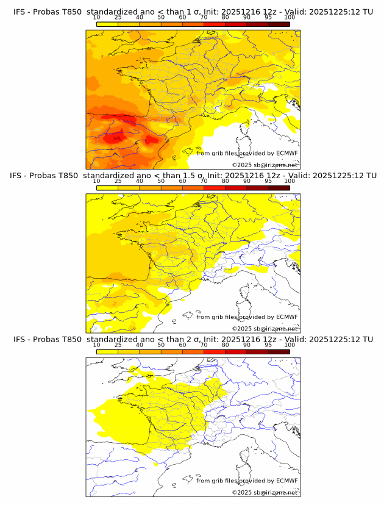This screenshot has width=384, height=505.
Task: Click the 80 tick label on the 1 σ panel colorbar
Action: (x=226, y=17)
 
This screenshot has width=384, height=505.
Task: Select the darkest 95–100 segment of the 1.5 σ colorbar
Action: (x=279, y=188)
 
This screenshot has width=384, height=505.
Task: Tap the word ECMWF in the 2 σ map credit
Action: (x=287, y=481)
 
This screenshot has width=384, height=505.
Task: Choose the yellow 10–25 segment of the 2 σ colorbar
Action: (x=107, y=352)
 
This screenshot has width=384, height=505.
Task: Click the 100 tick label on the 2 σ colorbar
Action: (x=290, y=345)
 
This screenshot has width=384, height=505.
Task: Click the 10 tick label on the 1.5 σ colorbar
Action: (x=96, y=181)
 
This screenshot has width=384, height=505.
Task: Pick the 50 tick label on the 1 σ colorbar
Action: (x=161, y=17)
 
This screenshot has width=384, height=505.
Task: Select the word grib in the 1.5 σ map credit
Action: (x=218, y=317)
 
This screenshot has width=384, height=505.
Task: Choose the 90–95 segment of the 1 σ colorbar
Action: (x=257, y=24)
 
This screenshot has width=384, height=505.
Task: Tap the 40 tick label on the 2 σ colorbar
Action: (x=140, y=345)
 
